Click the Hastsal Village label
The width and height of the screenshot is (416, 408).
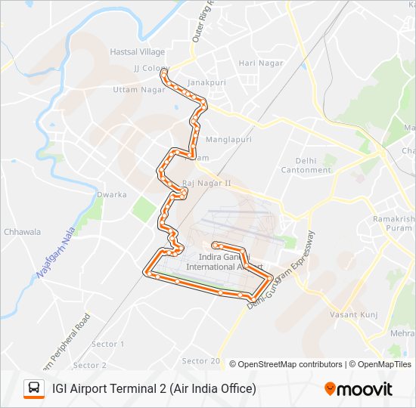pyautogui.click(x=137, y=51)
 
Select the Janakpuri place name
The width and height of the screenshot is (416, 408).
pyautogui.click(x=207, y=82)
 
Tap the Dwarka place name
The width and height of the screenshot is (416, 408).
pyautogui.click(x=112, y=194)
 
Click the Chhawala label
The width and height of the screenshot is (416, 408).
pyautogui.click(x=23, y=232)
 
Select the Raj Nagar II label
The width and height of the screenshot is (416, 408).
pyautogui.click(x=206, y=184)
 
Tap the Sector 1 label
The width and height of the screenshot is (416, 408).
pyautogui.click(x=108, y=345)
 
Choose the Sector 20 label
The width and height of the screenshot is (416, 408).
pyautogui.click(x=201, y=360)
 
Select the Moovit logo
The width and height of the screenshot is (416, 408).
pyautogui.click(x=359, y=389)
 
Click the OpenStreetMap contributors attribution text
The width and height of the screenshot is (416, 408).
pyautogui.click(x=290, y=364)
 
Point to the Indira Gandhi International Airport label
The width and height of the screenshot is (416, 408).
pyautogui.click(x=224, y=261)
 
